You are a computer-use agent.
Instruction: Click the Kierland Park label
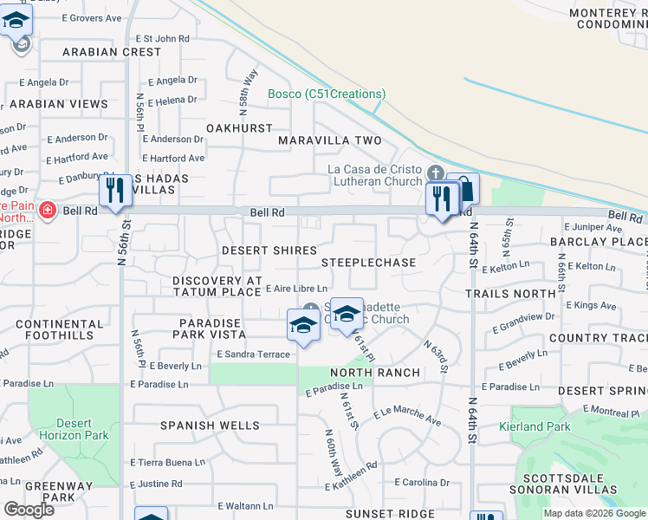click(x=535, y=426)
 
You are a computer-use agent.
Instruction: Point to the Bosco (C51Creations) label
click(x=327, y=94)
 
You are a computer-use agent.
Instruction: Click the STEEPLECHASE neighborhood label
click(x=368, y=262)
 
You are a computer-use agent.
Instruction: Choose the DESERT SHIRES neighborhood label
click(x=269, y=250)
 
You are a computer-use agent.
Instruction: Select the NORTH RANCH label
click(x=375, y=373)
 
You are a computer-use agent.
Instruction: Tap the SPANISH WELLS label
click(x=210, y=426)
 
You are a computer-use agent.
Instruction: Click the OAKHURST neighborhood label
click(x=239, y=127)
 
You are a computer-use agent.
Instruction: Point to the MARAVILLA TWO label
click(x=329, y=140)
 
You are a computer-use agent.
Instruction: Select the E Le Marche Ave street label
click(x=407, y=416)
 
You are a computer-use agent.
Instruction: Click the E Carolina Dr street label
click(x=422, y=482)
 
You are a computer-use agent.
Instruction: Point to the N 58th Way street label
click(x=248, y=89)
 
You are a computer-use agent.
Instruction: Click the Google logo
click(x=29, y=510)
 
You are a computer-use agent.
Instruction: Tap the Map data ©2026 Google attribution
click(x=594, y=513)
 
